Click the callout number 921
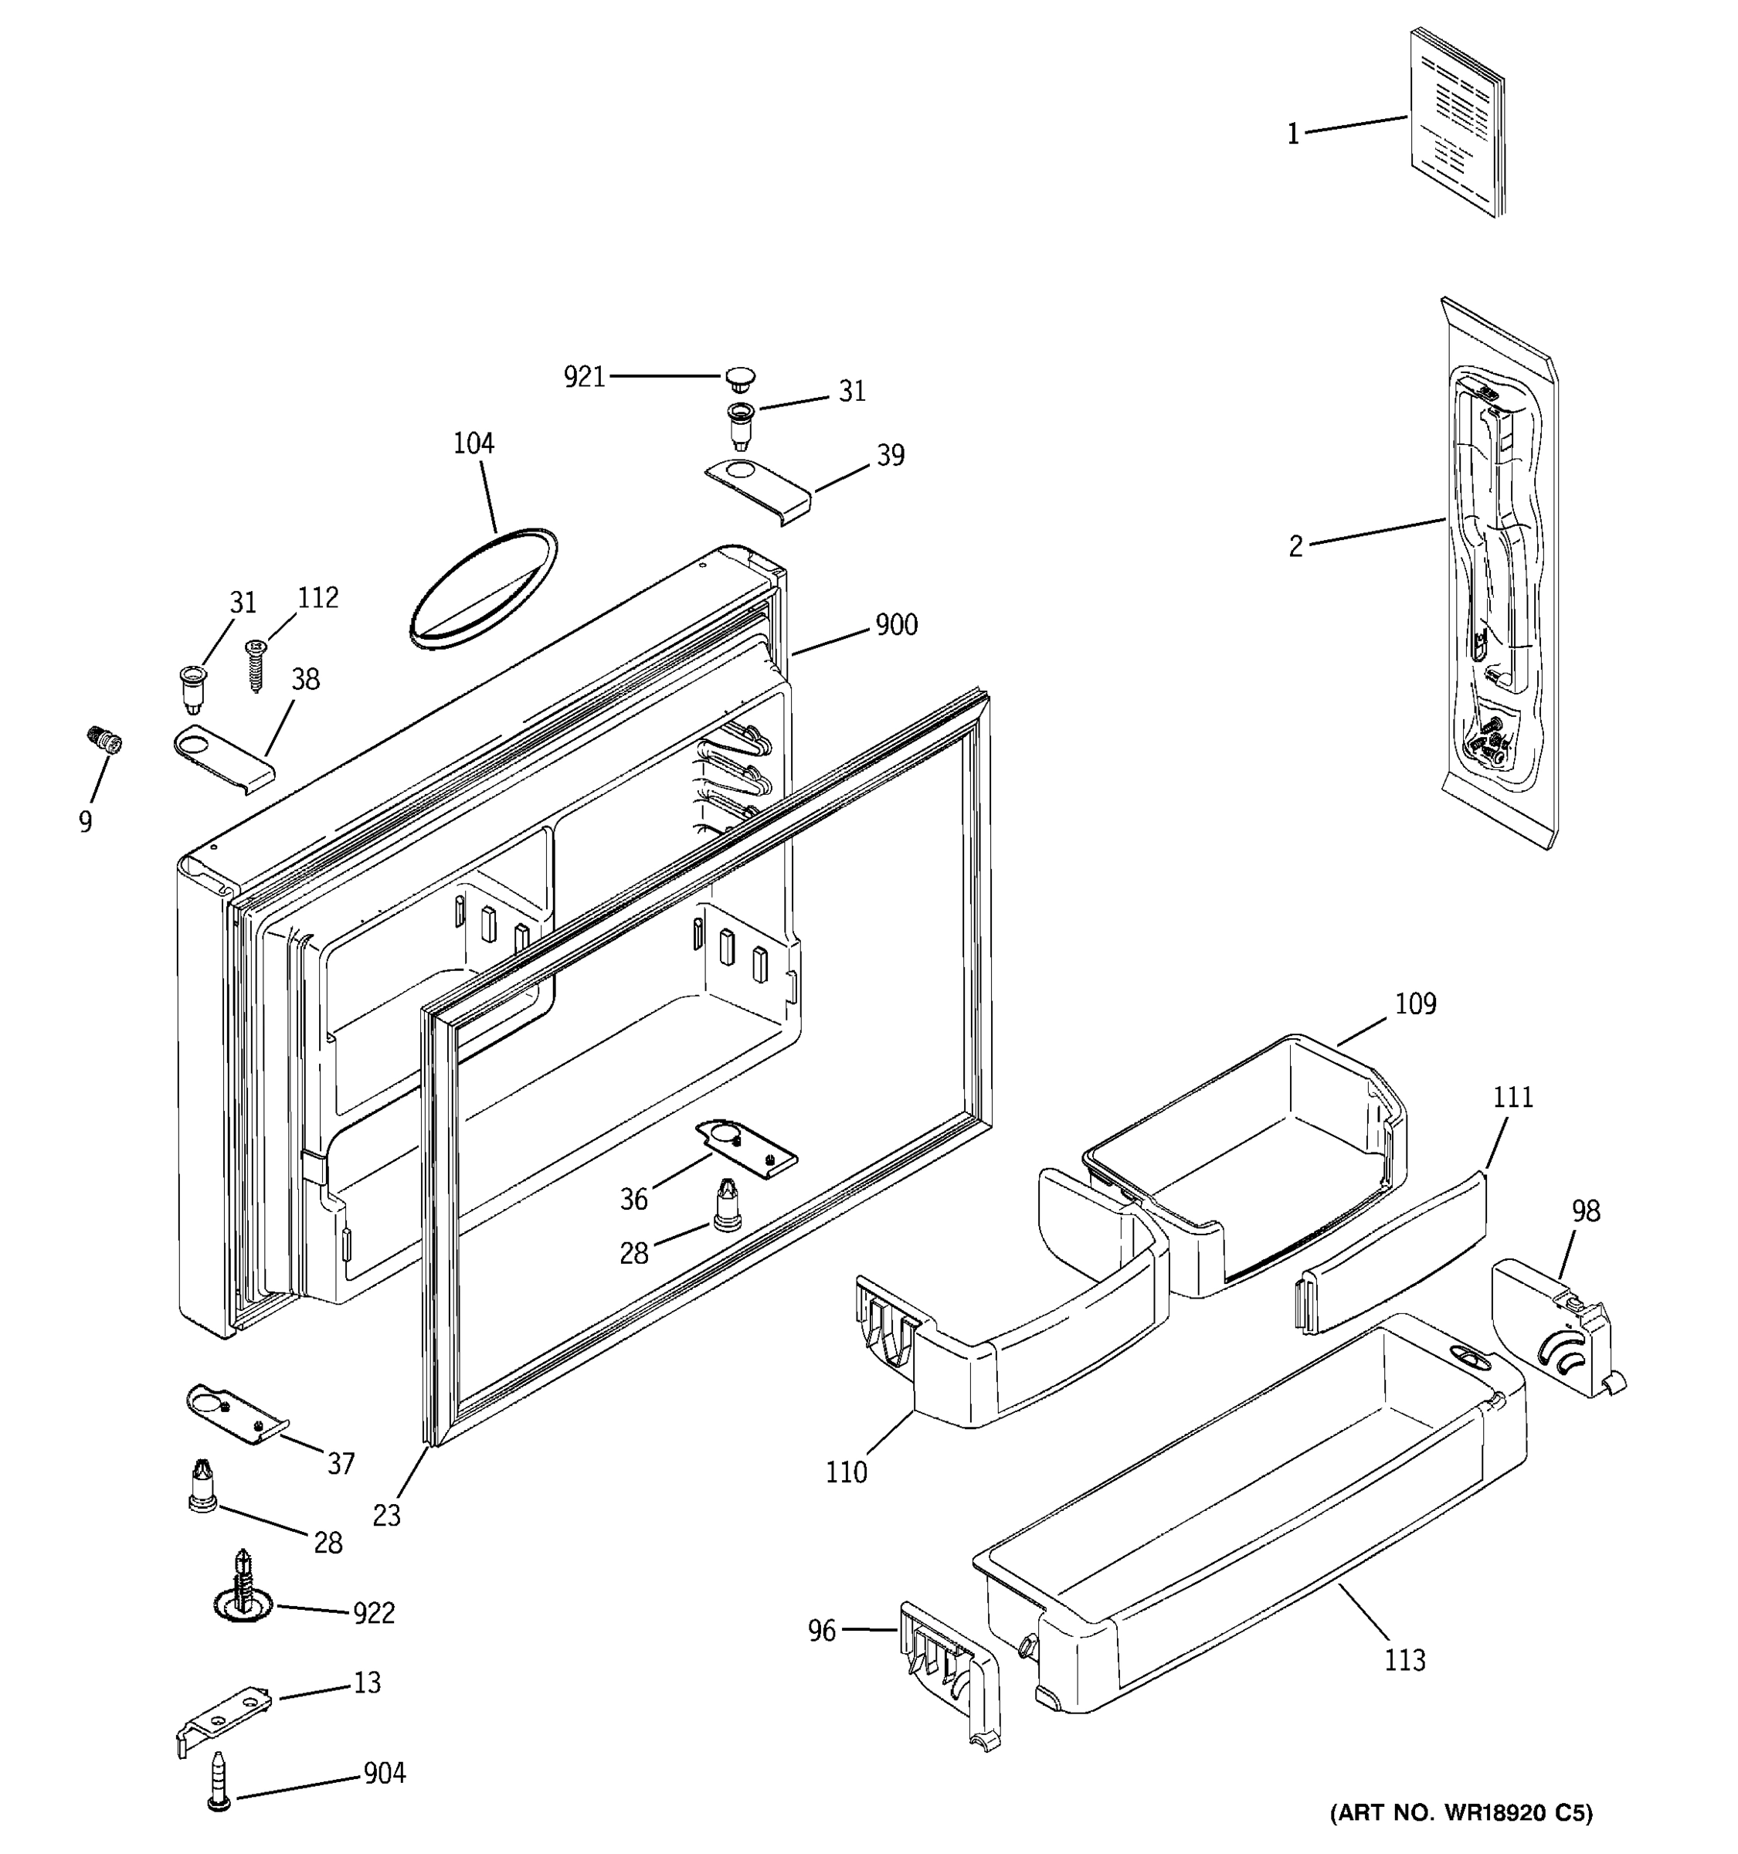point(584,377)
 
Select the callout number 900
point(896,625)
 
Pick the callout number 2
point(1295,546)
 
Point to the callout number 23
point(386,1516)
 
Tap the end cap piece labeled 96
point(949,1676)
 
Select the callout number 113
point(1404,1660)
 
